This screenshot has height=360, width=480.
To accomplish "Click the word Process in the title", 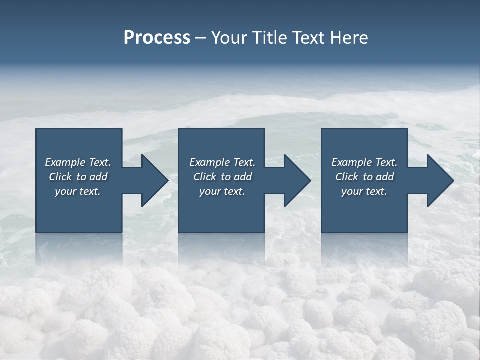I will click(157, 38).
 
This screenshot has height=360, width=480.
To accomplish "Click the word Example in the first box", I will click(65, 162).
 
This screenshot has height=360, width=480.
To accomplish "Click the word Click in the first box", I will click(60, 177).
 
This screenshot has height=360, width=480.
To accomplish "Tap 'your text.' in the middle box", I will click(222, 191).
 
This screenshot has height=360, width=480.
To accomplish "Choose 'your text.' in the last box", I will click(364, 191).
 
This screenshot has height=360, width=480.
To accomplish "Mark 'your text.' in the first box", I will click(77, 191).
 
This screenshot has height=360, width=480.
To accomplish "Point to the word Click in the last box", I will click(347, 177).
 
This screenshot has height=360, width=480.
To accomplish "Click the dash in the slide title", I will click(200, 38).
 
